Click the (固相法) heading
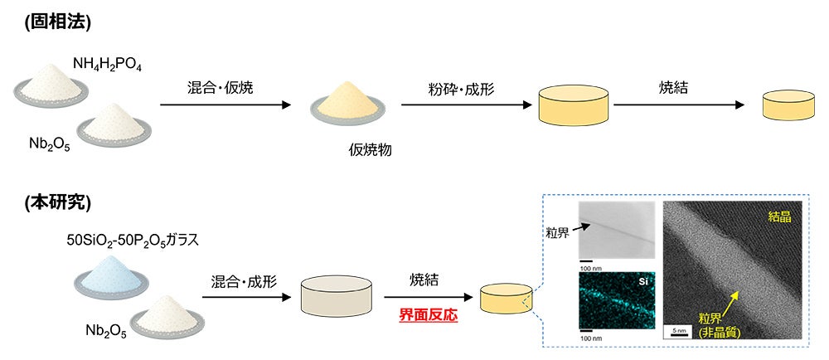[x=58, y=22]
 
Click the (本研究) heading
[x=58, y=203]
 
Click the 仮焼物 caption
[x=370, y=151]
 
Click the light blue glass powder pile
[x=111, y=276]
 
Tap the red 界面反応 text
[x=429, y=315]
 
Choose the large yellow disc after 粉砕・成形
[x=573, y=105]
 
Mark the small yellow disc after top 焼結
[x=788, y=105]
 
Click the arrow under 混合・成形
[x=246, y=297]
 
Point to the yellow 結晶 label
[x=779, y=216]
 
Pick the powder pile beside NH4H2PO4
[x=51, y=84]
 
